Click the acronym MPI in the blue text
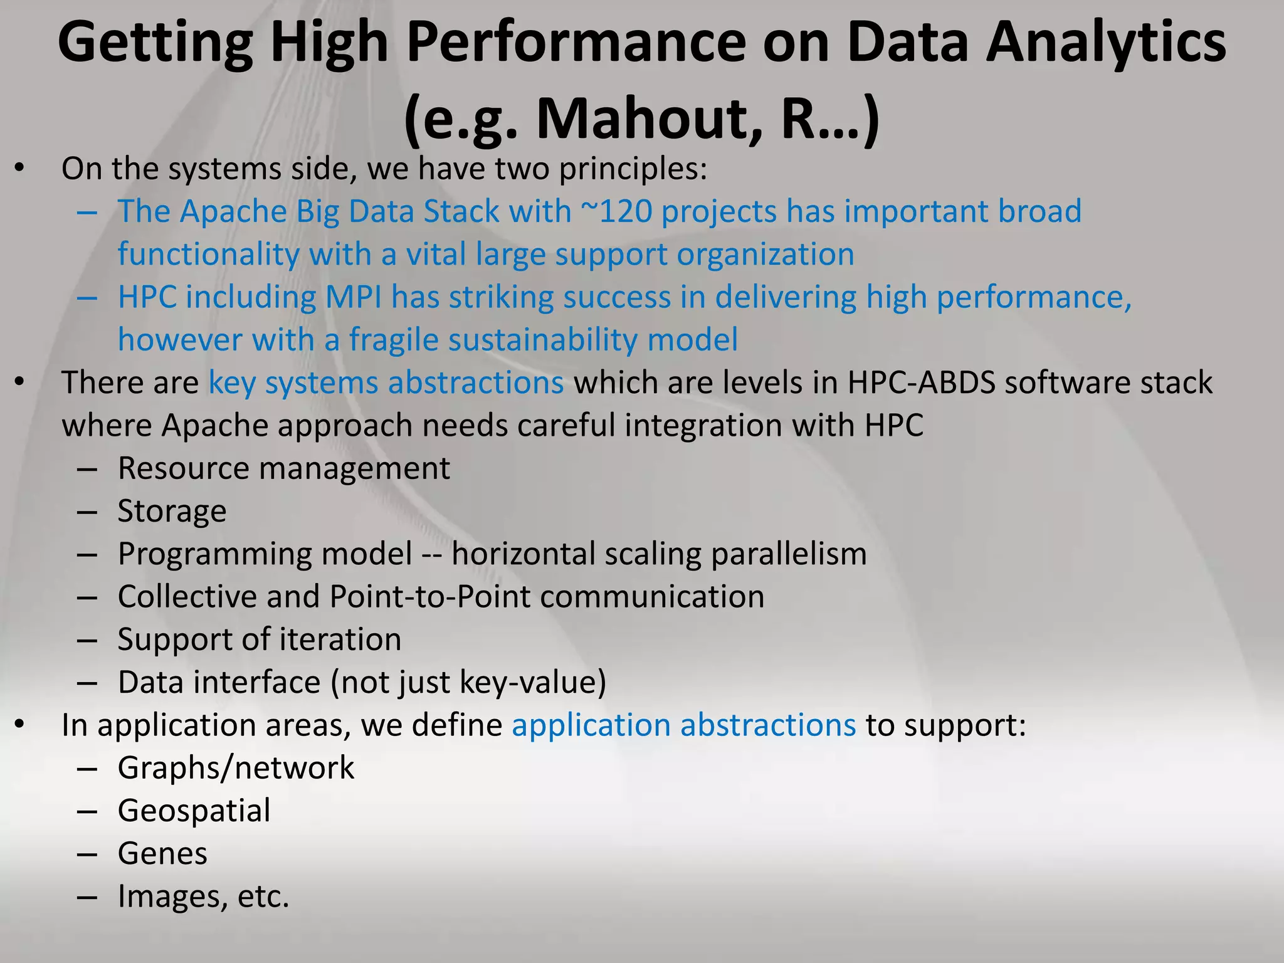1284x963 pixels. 353,297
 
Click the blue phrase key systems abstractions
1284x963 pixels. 386,382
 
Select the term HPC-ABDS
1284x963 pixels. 921,382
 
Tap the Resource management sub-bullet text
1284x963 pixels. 283,468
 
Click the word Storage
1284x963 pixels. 172,511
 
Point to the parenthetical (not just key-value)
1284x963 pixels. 468,682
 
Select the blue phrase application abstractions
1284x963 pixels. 683,725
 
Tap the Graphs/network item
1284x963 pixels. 236,768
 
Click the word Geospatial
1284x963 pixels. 194,811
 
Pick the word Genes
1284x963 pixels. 162,853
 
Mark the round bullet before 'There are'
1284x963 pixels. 20,381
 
